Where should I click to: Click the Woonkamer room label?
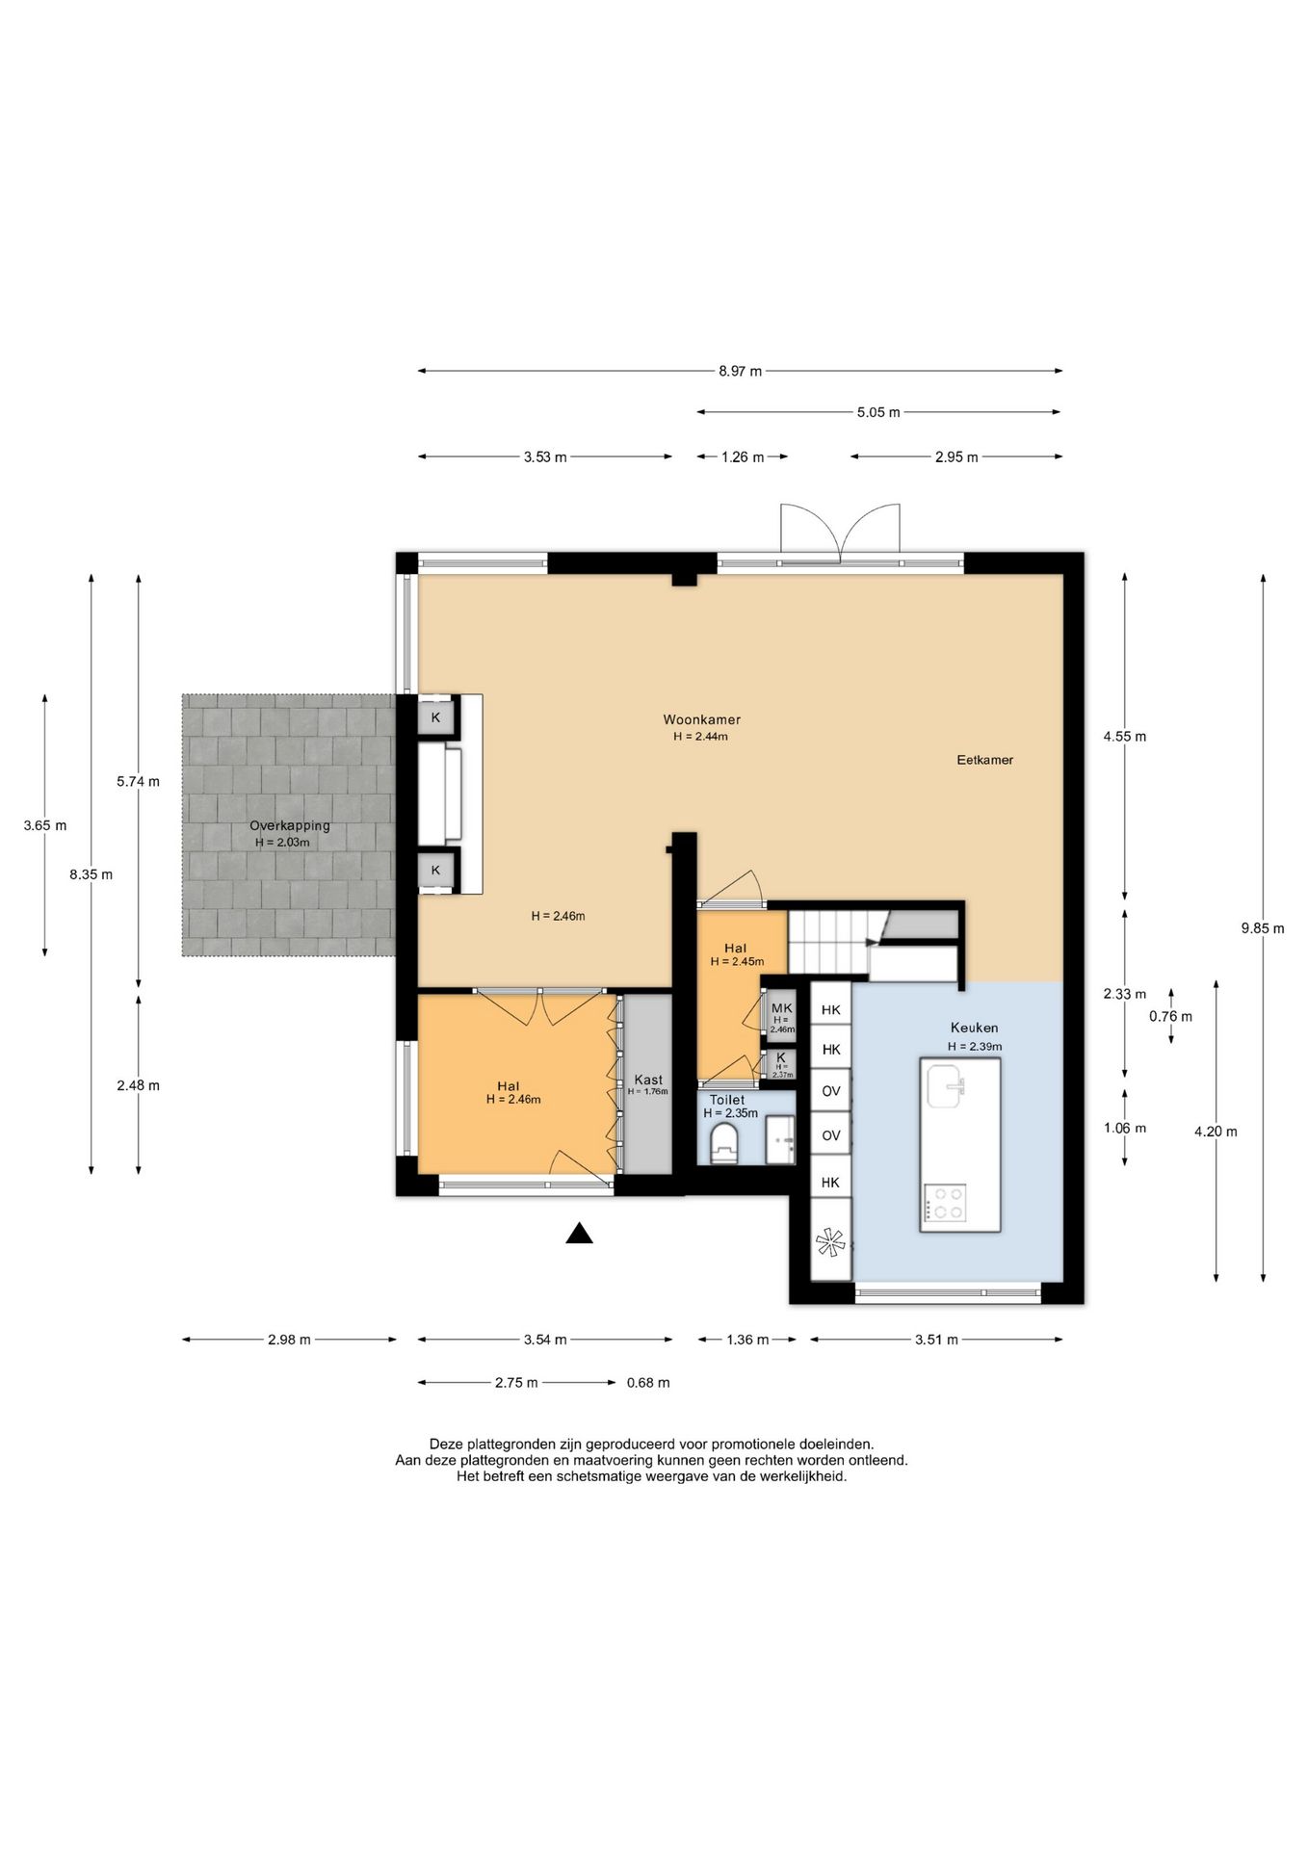(x=701, y=719)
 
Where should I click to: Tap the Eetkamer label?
(x=984, y=760)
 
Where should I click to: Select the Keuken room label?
(x=974, y=1028)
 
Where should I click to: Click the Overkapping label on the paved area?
(x=289, y=826)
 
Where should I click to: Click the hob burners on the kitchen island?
(x=944, y=1204)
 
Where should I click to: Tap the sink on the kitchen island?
(x=946, y=1086)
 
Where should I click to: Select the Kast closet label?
(x=648, y=1080)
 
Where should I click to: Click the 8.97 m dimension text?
(x=740, y=371)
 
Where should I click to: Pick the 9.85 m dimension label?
(x=1263, y=929)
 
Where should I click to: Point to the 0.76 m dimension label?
(x=1170, y=1016)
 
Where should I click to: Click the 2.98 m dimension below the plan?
(x=289, y=1340)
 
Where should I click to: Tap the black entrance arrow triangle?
(x=579, y=1234)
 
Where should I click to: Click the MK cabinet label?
(x=781, y=1008)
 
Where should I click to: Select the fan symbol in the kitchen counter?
(x=830, y=1243)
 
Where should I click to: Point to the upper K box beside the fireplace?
(x=435, y=717)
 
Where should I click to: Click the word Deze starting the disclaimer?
(x=446, y=1445)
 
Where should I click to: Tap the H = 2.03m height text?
(x=282, y=843)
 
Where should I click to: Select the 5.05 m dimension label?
(x=878, y=413)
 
